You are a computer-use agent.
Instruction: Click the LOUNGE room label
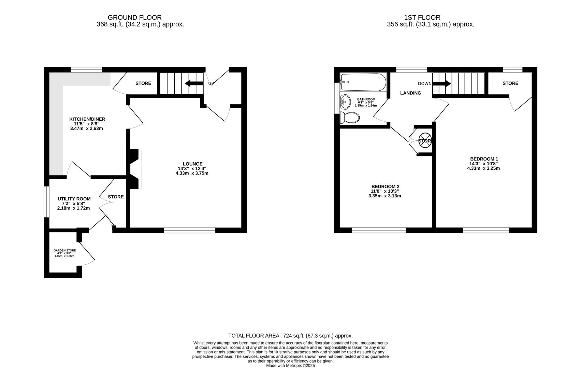(192, 164)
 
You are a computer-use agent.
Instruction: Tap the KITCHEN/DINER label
(87, 119)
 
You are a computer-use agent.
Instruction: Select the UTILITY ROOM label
(74, 199)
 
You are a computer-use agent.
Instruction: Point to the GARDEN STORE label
(64, 250)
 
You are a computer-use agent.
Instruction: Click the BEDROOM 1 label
(484, 159)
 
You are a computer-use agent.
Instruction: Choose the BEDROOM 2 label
(385, 186)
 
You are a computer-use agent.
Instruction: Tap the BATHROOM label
(366, 99)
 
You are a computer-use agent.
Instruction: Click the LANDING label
(410, 93)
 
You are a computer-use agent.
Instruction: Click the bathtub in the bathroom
(363, 82)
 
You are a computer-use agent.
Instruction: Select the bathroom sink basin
(346, 101)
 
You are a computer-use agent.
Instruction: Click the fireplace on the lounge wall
(135, 169)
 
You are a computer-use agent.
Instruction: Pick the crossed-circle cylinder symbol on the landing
(425, 141)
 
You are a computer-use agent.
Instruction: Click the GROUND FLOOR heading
(134, 17)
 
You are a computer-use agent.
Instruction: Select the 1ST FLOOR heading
(422, 17)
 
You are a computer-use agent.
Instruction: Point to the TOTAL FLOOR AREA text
(290, 336)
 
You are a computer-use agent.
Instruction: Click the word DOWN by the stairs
(425, 83)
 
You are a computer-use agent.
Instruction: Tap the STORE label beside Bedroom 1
(510, 83)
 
